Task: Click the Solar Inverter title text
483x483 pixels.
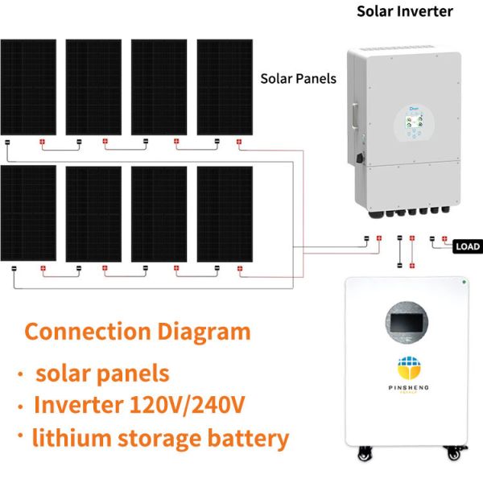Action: coord(405,11)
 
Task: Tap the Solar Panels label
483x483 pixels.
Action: coord(298,79)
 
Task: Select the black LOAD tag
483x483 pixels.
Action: coord(468,246)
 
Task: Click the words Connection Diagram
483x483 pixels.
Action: coord(138,332)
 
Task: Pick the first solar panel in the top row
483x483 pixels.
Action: coord(28,86)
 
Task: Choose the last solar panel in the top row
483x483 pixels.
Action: coord(225,86)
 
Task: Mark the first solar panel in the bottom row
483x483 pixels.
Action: coord(28,213)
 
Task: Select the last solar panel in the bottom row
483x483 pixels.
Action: coord(225,213)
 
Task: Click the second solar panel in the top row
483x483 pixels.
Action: coord(93,86)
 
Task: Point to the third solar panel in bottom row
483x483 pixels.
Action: coord(159,213)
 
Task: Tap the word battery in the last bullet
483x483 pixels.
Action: coord(244,439)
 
